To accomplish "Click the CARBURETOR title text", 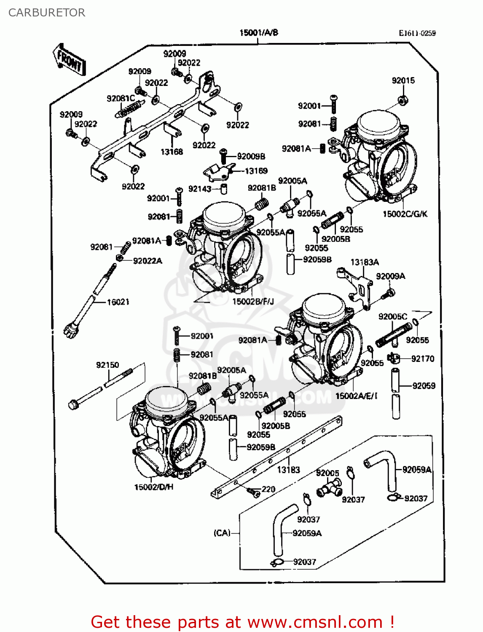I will click(x=47, y=13).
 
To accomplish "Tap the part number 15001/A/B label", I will click(x=258, y=32).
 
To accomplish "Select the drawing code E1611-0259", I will click(x=417, y=33).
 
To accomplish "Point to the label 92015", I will click(x=403, y=80).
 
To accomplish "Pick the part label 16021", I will click(x=118, y=302).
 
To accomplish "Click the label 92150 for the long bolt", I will click(x=107, y=365).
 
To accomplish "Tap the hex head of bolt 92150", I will click(x=73, y=405).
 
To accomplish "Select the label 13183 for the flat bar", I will click(x=288, y=469).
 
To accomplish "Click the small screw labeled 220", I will click(x=253, y=492).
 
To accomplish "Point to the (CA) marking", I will click(x=222, y=533).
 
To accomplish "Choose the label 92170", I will click(x=422, y=359).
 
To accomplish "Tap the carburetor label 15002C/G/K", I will click(x=405, y=214).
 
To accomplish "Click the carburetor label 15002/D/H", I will click(x=153, y=487).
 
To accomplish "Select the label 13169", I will click(x=256, y=171).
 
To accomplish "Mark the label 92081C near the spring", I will click(x=121, y=99).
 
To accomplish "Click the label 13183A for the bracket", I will click(x=365, y=262).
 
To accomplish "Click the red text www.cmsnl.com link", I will click(x=315, y=622).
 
